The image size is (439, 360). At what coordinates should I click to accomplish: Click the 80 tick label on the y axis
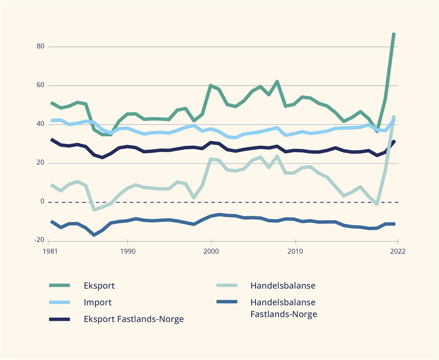[40, 47]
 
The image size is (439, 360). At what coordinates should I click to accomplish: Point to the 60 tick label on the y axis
[40, 85]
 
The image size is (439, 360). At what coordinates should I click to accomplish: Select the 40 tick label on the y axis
[40, 124]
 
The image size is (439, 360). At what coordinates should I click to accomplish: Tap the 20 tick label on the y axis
[40, 163]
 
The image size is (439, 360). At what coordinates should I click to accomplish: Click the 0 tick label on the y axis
[42, 201]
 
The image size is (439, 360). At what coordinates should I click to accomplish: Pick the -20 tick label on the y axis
[39, 240]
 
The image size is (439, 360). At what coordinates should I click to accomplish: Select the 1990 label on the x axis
[128, 252]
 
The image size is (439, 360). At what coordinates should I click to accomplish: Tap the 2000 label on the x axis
[211, 252]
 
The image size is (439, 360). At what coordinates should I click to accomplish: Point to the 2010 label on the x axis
[295, 252]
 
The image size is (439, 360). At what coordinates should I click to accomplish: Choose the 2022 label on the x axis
[398, 252]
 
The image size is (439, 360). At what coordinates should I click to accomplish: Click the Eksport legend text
[99, 286]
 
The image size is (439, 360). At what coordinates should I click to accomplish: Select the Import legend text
[98, 303]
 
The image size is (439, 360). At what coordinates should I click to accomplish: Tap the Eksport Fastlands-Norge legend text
[134, 319]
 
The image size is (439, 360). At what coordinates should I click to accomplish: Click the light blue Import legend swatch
[59, 303]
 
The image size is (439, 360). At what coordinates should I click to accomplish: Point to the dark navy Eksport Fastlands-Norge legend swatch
[59, 319]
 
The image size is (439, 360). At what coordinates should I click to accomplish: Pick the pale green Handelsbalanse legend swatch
[226, 286]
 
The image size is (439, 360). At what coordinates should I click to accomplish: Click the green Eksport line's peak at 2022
[394, 34]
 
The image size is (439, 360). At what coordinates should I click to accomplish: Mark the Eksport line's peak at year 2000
[211, 85]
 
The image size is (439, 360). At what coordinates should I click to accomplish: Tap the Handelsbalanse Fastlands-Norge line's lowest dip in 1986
[94, 235]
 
